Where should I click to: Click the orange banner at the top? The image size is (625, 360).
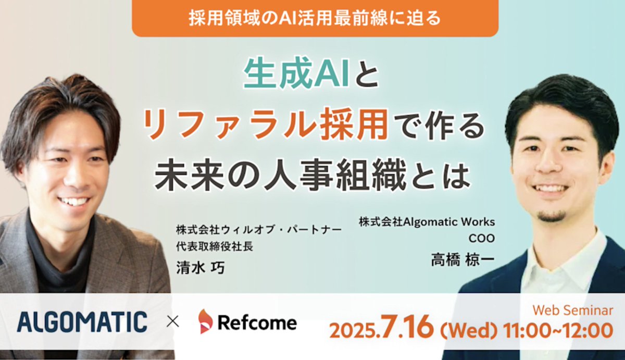[x=315, y=18]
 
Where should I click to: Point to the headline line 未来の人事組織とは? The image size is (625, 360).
[x=312, y=175]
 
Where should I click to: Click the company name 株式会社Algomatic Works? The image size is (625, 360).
[x=427, y=221]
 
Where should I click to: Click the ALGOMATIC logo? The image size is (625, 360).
[x=82, y=321]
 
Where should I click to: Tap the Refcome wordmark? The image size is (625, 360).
[x=257, y=322]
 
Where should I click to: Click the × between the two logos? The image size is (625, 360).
[x=172, y=322]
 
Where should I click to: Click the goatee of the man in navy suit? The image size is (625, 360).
[x=551, y=215]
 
